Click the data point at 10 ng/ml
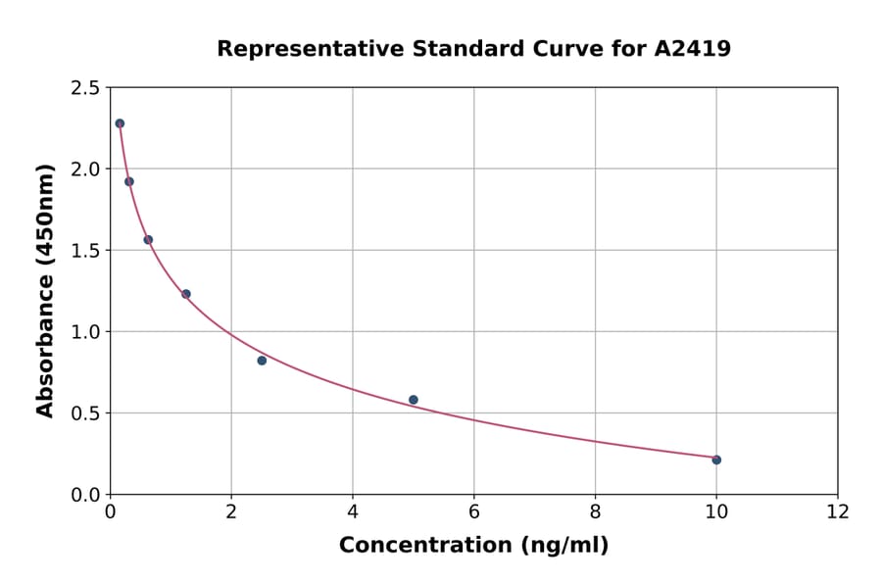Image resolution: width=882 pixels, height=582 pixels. [716, 460]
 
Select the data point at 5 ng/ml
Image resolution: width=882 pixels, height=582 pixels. [414, 400]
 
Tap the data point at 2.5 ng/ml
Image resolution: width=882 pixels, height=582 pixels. [262, 361]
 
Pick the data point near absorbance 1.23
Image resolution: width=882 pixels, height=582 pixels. [186, 294]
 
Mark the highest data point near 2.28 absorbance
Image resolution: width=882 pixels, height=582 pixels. [120, 123]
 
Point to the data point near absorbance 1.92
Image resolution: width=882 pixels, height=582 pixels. [129, 181]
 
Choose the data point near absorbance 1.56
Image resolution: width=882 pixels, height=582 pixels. [148, 239]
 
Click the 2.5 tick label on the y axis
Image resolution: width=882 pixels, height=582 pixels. [84, 88]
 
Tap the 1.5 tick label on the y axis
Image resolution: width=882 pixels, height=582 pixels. [84, 251]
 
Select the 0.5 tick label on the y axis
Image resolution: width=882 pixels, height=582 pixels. [84, 413]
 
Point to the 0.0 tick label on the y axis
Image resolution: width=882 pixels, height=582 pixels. [84, 495]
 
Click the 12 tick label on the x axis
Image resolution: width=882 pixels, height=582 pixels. [838, 511]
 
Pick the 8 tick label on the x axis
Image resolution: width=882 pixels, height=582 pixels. [595, 511]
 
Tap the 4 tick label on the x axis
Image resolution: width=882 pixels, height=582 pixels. [353, 511]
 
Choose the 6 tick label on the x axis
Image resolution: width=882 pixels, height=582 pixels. [473, 511]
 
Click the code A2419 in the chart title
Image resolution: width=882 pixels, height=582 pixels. [693, 48]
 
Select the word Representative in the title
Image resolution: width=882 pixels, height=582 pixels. [298, 48]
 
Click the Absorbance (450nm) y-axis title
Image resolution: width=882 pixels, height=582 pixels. [45, 290]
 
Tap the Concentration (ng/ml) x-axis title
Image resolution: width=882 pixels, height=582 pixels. [473, 545]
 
